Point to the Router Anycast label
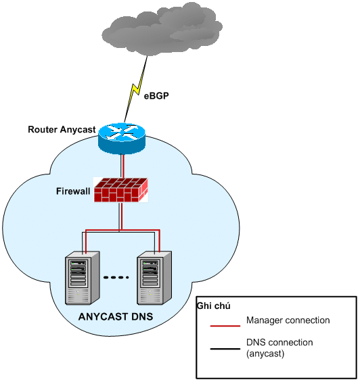point(62,129)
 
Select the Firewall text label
point(73,191)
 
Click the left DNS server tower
point(82,278)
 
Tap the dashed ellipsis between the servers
point(118,278)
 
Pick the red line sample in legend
point(225,325)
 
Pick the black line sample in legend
point(225,349)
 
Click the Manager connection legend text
point(288,320)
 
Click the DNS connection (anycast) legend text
point(279,348)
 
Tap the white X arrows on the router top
point(121,132)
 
